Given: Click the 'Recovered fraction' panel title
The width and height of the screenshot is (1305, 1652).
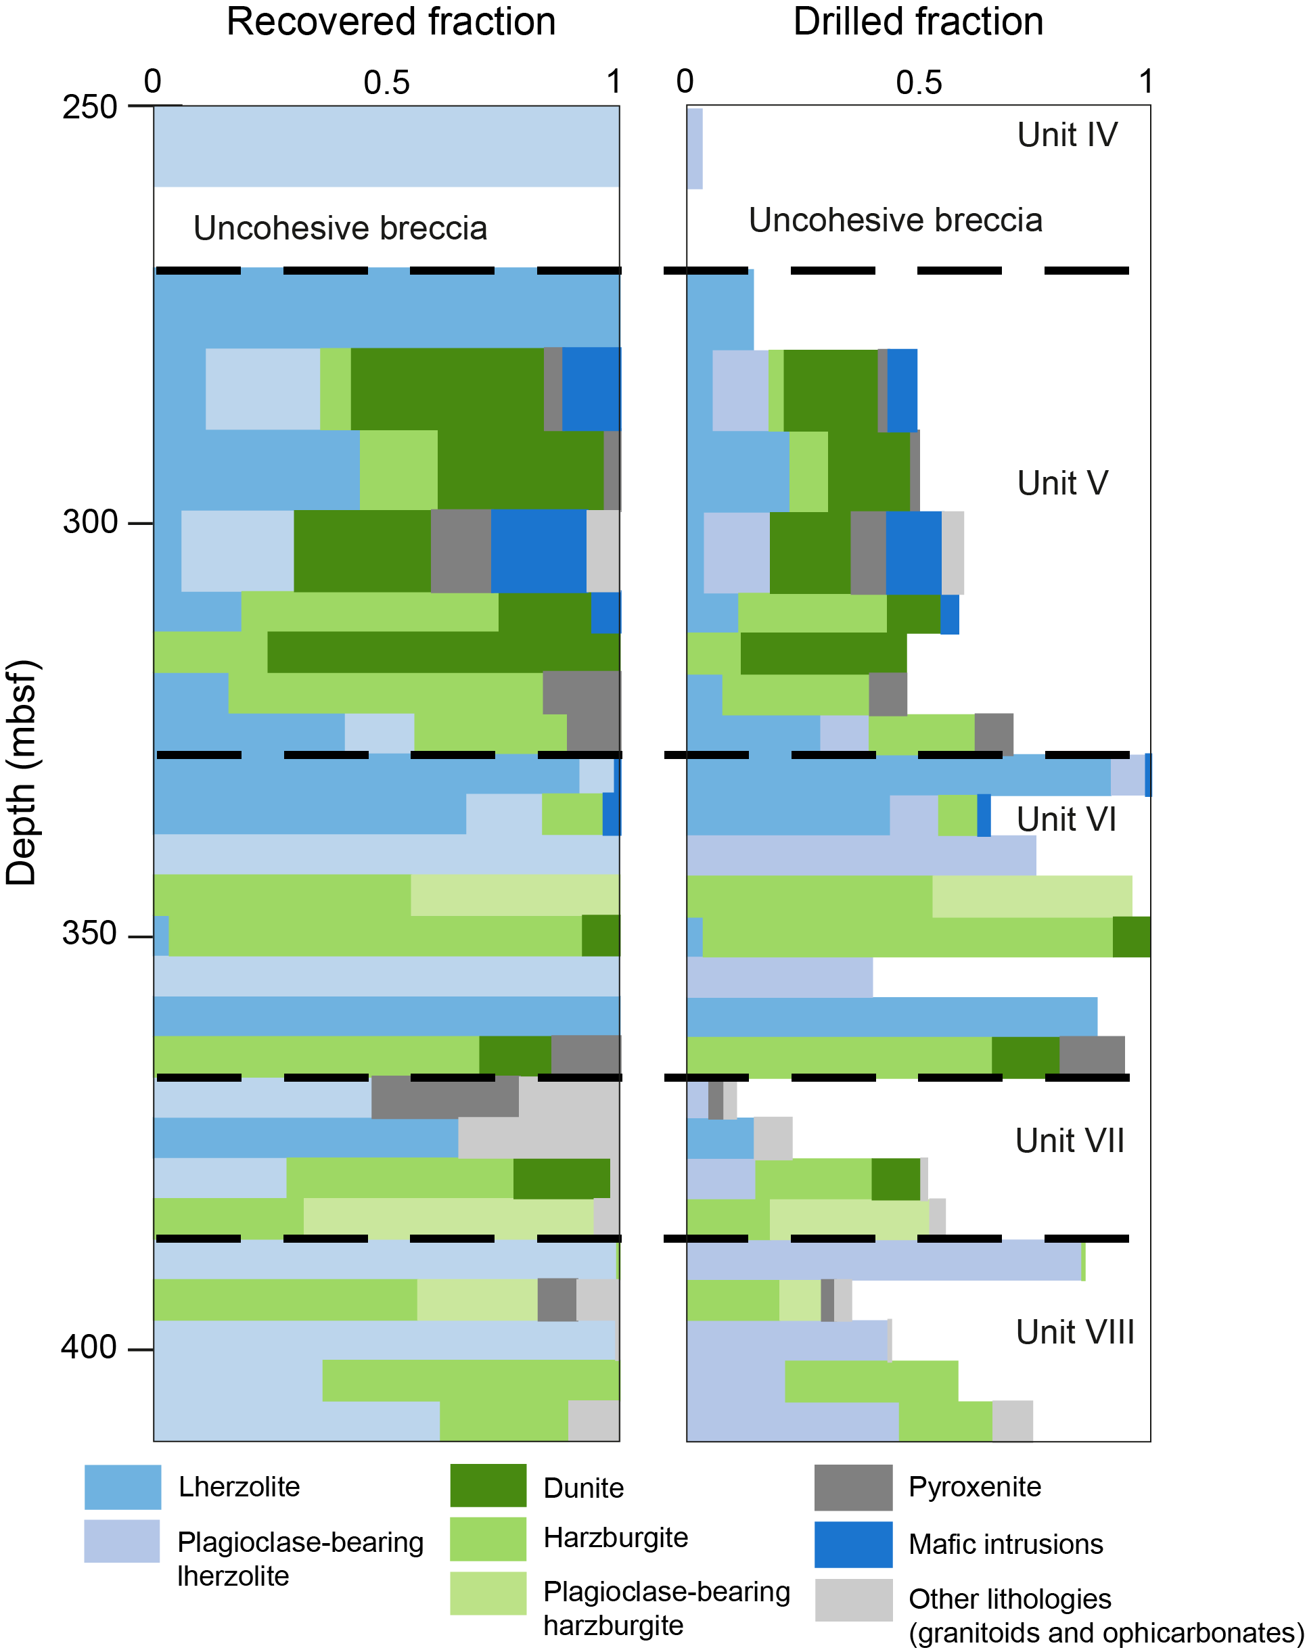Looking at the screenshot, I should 390,22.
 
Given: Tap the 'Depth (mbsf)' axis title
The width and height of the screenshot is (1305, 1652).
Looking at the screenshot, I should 22,772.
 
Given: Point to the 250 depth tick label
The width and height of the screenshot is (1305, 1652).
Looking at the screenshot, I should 89,107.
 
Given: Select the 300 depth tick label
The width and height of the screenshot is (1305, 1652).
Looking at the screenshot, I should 89,523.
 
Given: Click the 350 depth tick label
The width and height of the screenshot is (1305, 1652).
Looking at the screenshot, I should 89,934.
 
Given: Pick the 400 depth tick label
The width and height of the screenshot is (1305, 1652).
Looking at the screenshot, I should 89,1346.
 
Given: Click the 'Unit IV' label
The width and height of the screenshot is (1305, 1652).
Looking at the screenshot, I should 1067,135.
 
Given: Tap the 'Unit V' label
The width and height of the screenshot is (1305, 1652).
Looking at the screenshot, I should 1062,483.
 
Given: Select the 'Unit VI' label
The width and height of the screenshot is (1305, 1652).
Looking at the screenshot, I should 1066,819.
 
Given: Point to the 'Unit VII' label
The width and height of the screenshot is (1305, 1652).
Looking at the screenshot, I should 1069,1141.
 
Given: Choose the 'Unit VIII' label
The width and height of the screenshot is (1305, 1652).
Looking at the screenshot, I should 1074,1332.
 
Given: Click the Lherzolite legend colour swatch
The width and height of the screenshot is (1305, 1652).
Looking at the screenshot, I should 122,1487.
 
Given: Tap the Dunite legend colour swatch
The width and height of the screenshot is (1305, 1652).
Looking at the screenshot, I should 488,1486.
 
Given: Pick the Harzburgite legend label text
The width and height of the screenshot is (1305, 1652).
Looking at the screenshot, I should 615,1538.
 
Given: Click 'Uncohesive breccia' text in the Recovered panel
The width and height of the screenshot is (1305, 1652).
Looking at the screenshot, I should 340,228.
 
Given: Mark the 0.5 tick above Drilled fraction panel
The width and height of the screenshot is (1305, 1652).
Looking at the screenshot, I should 919,83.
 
